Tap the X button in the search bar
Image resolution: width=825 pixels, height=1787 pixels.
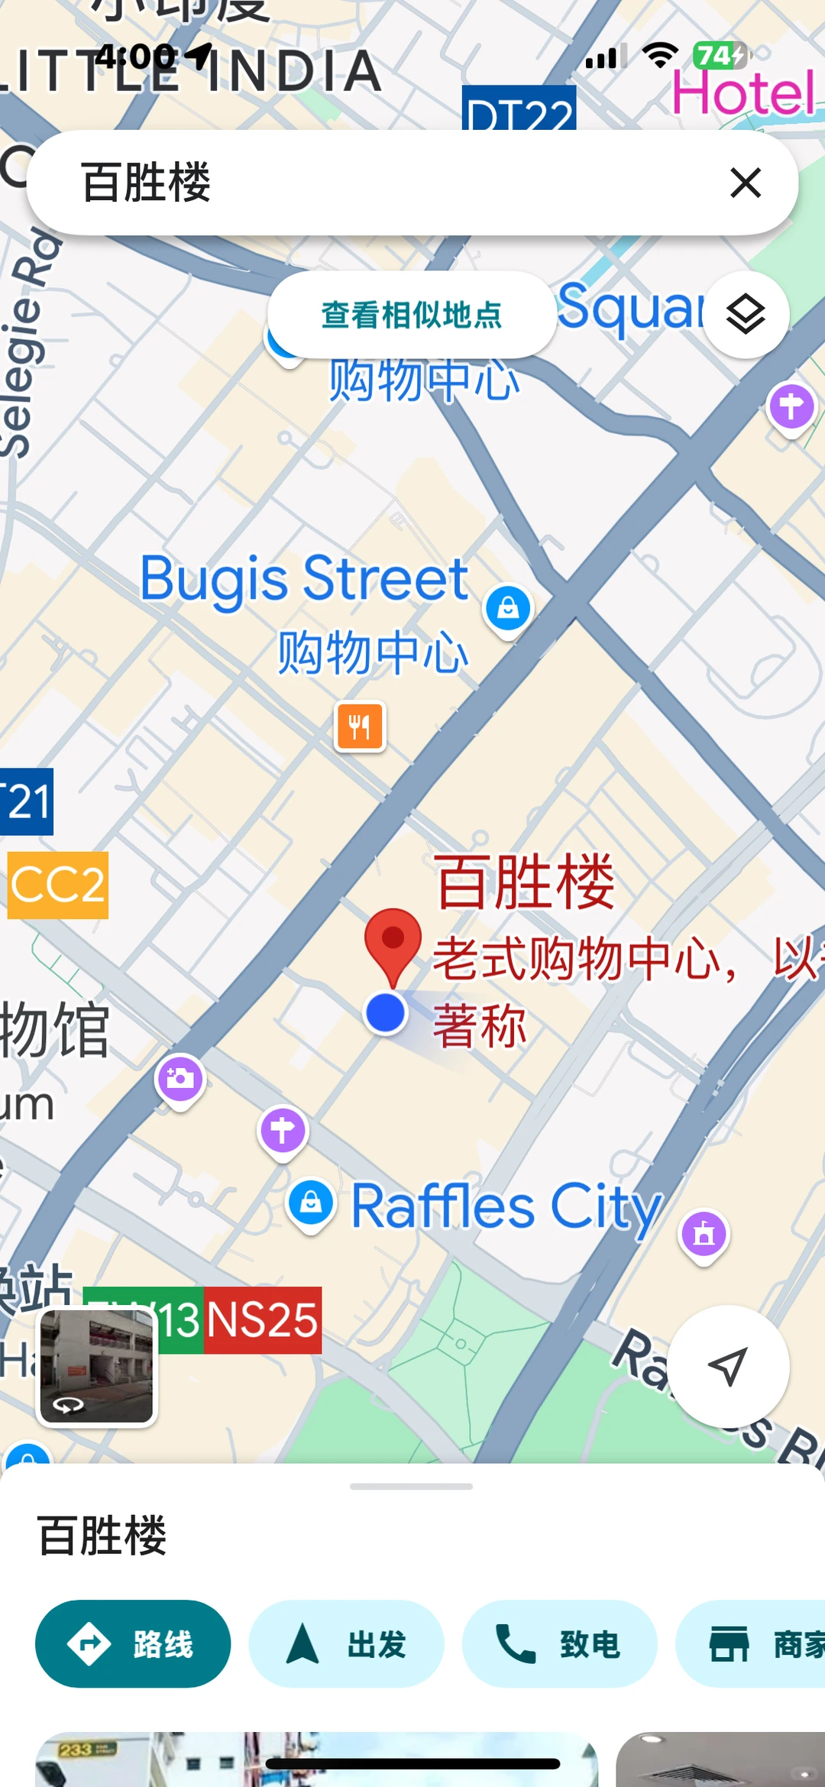click(x=745, y=183)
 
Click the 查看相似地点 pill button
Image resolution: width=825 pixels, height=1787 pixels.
click(x=411, y=315)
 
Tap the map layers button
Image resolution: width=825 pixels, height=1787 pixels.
click(x=746, y=315)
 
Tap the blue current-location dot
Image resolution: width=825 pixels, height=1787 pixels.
click(x=386, y=1013)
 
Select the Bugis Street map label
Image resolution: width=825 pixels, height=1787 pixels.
click(x=304, y=579)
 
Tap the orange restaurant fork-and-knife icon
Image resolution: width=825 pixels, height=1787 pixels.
click(x=360, y=726)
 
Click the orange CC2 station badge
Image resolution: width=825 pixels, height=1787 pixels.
click(x=58, y=885)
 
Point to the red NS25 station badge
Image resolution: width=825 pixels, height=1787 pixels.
click(x=262, y=1320)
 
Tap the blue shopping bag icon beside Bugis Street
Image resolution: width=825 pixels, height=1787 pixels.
click(x=508, y=609)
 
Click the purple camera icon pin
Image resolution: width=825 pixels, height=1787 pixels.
click(x=180, y=1079)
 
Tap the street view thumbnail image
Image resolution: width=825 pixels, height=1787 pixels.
click(x=97, y=1366)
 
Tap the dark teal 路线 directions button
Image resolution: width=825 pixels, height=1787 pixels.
click(x=133, y=1644)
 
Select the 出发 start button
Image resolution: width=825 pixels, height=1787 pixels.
click(x=346, y=1644)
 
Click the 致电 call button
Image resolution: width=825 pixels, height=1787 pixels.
click(x=559, y=1644)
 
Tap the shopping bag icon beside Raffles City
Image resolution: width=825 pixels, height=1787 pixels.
click(x=311, y=1203)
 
